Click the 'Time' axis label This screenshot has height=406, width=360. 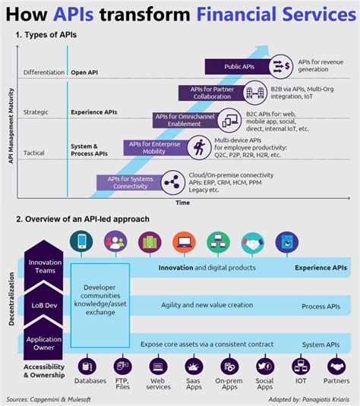(x=183, y=203)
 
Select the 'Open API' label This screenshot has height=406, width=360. (x=85, y=74)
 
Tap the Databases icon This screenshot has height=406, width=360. (x=82, y=367)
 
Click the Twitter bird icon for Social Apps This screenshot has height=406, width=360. (x=264, y=367)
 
